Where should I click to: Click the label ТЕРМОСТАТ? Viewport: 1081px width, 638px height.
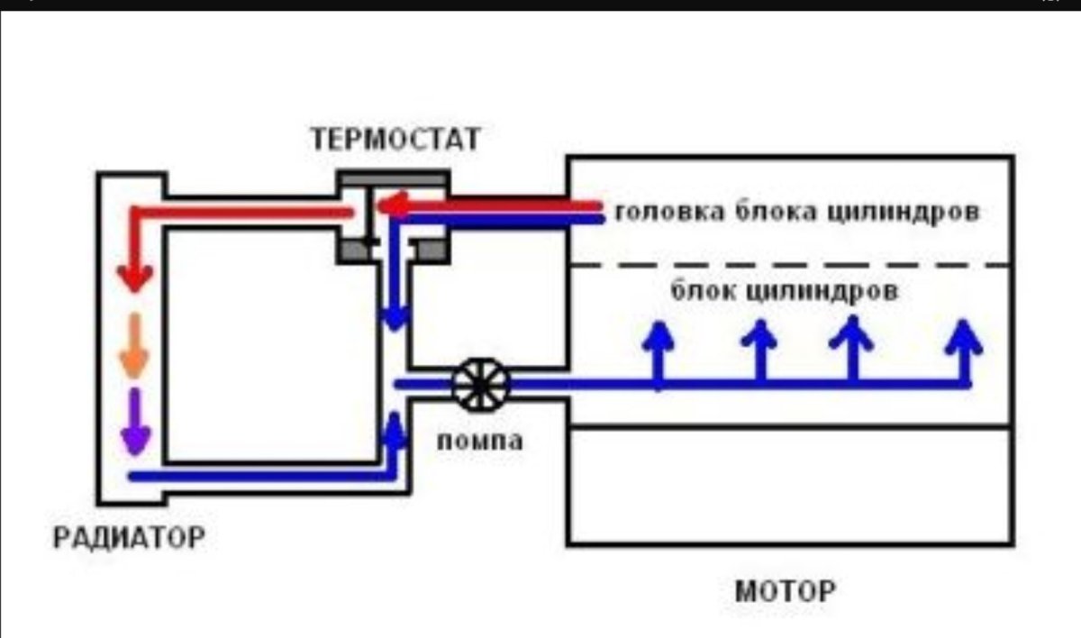tap(396, 140)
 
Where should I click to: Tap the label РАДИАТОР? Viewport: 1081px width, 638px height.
tap(129, 538)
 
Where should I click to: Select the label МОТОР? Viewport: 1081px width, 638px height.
tap(785, 592)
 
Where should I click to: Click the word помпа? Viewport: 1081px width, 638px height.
tap(479, 442)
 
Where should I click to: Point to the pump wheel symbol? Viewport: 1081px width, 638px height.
tap(480, 385)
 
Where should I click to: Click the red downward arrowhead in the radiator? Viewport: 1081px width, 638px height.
tap(136, 278)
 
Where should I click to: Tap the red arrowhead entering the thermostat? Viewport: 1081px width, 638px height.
tap(389, 208)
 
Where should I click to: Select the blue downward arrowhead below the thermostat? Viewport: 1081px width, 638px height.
tap(395, 316)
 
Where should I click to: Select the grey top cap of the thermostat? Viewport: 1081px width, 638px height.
tap(393, 178)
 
